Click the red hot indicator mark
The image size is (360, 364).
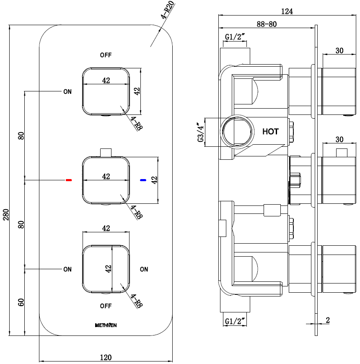tap(69, 180)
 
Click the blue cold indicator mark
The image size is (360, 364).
tap(143, 180)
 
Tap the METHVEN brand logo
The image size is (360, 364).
tap(106, 325)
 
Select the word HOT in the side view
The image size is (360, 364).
tap(270, 131)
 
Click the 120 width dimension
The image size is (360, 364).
tap(106, 357)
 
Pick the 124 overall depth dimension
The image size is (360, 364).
tap(287, 11)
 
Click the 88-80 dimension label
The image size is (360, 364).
tap(267, 24)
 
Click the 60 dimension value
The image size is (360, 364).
tap(21, 302)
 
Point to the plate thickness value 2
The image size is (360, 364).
tap(327, 320)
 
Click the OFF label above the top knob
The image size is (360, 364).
tap(106, 55)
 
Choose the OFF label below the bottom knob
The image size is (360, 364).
tap(106, 306)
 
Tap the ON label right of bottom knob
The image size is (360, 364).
tap(144, 269)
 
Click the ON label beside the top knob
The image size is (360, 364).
tap(67, 91)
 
